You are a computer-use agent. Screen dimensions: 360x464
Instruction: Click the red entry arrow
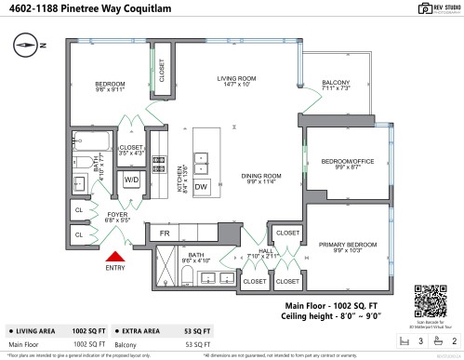click(115, 257)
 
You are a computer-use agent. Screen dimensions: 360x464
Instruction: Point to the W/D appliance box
click(131, 180)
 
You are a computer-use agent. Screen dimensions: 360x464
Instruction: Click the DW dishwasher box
click(201, 186)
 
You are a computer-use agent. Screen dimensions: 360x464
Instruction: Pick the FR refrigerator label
click(164, 233)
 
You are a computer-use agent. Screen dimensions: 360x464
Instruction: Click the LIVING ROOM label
click(236, 80)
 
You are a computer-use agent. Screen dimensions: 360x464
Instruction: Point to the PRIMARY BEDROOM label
click(345, 247)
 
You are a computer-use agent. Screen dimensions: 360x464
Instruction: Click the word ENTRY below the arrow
click(115, 269)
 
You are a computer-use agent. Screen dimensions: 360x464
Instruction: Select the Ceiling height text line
click(332, 316)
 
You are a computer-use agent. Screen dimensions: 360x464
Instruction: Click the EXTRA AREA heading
click(142, 330)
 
